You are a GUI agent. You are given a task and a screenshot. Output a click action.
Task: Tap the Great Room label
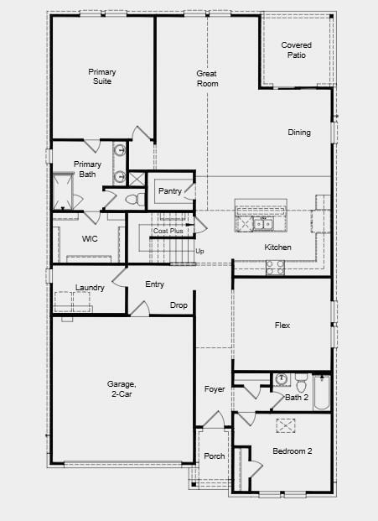coord(207,79)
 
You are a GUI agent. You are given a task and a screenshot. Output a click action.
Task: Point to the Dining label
coord(299,133)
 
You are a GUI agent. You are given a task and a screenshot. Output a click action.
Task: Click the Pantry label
coord(170,192)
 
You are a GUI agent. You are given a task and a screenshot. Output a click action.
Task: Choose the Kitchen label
coord(277,247)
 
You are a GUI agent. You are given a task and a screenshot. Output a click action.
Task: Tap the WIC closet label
coord(91,239)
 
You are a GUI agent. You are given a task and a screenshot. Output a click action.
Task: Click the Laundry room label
coord(90,288)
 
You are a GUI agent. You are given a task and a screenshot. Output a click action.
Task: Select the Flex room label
coord(282,326)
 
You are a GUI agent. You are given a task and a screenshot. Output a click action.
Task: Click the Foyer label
coord(215,389)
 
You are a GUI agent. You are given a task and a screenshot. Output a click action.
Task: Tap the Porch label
coord(215,456)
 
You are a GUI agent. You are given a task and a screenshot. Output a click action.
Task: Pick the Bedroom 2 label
coord(293,451)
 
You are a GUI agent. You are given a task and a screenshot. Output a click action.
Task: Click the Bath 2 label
coord(296,397)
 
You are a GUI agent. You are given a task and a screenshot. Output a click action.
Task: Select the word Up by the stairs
coord(199,251)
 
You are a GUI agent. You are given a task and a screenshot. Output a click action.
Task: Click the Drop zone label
coord(179,305)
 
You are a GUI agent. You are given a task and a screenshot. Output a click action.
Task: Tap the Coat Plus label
coord(168,231)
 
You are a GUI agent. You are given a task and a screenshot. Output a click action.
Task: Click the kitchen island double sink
coord(255,223)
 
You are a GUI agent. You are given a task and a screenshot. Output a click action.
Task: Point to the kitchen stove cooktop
coord(275,267)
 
